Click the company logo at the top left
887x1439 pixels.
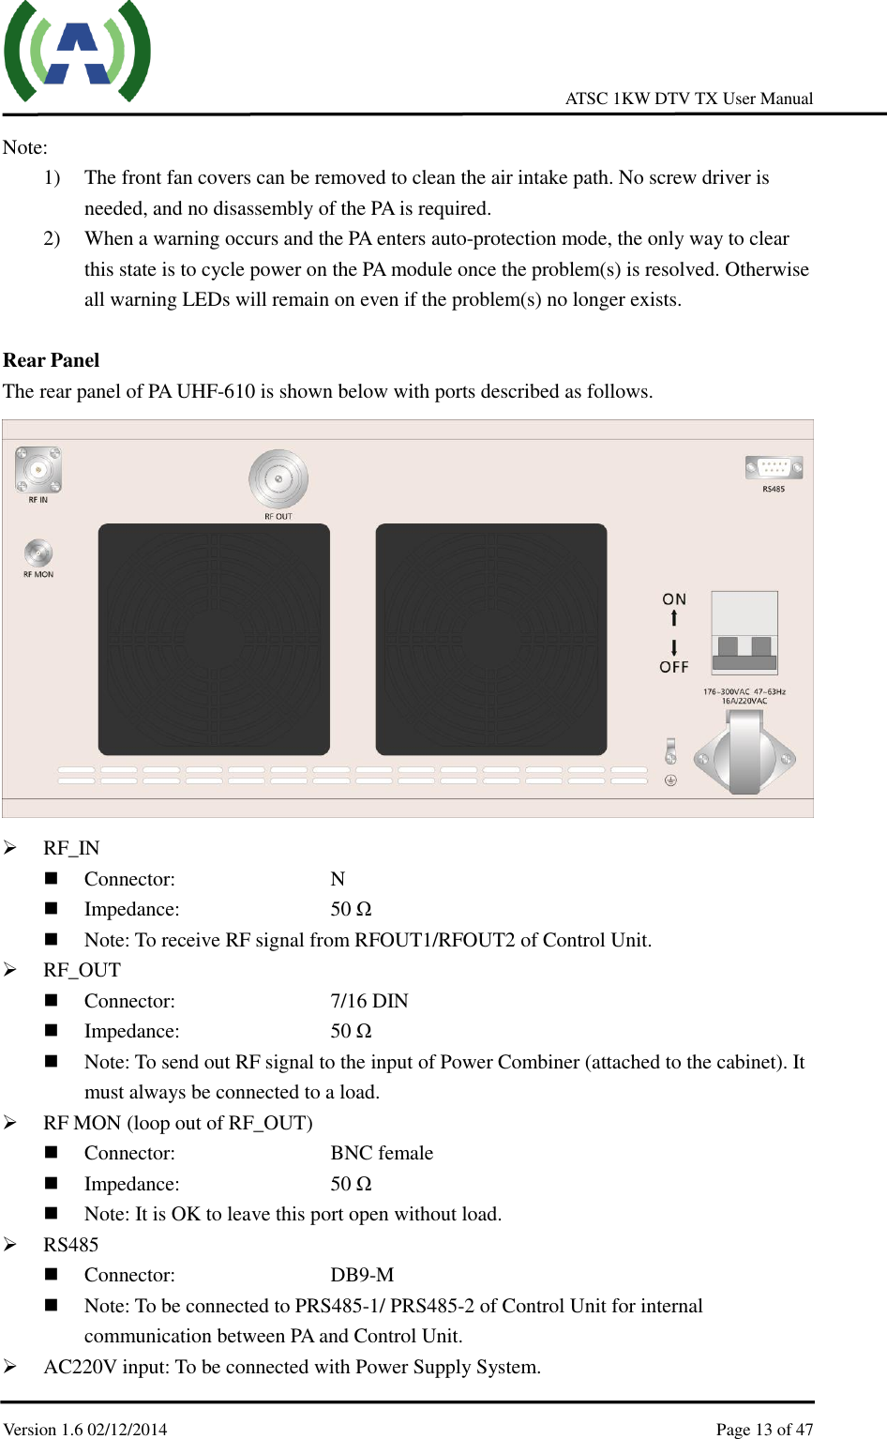[x=77, y=53]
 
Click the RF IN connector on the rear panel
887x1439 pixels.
[x=38, y=469]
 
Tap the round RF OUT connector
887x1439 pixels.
[x=278, y=479]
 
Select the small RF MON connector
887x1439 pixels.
[x=38, y=553]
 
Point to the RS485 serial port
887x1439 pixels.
[x=774, y=466]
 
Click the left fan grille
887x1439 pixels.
[x=214, y=639]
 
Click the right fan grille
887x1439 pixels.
[x=491, y=639]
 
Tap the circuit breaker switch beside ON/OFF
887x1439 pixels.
[x=744, y=633]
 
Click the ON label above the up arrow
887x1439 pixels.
[x=674, y=599]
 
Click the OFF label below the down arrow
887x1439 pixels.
[x=674, y=667]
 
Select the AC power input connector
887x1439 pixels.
[x=744, y=755]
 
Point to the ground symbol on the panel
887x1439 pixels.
[x=670, y=780]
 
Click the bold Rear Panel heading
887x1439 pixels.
[x=52, y=360]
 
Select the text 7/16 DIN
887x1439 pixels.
[x=369, y=1001]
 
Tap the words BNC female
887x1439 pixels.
[x=382, y=1153]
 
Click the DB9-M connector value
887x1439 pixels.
[x=362, y=1275]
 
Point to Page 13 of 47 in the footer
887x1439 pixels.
[x=764, y=1429]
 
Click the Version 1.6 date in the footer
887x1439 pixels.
[x=85, y=1429]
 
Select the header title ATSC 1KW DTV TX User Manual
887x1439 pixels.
[x=689, y=98]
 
